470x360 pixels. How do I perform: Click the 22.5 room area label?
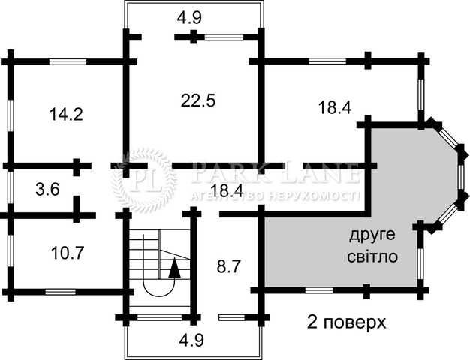(198, 100)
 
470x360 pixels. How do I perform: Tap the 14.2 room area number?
(66, 114)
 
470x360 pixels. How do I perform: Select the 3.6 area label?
(47, 190)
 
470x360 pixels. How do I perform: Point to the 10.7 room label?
(67, 253)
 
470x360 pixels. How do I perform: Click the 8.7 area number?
(229, 266)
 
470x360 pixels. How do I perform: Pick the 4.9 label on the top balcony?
(189, 18)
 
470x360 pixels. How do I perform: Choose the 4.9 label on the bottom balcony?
(191, 340)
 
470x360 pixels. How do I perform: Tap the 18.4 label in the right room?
(335, 107)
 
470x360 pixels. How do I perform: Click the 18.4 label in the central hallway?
(227, 190)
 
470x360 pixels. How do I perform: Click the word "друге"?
(372, 235)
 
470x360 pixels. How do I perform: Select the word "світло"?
(372, 256)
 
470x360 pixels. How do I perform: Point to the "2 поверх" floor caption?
(346, 322)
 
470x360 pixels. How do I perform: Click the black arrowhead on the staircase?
(174, 268)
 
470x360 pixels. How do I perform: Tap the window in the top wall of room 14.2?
(68, 61)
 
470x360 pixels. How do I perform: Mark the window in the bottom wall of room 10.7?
(60, 292)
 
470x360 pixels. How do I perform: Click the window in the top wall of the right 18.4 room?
(327, 61)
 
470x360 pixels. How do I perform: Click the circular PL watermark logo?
(143, 181)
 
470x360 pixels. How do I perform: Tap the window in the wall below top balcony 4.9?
(224, 37)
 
